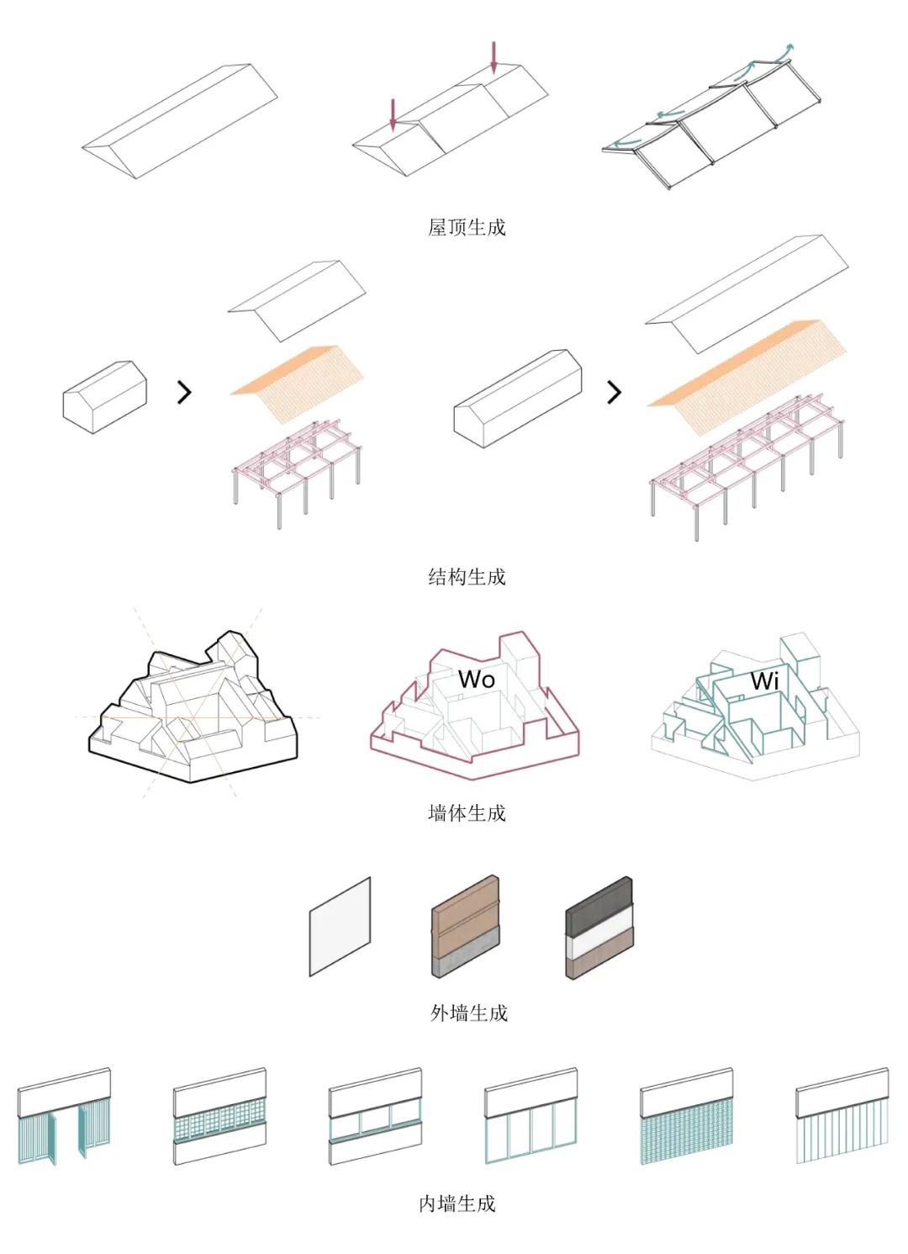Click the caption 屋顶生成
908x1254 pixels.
click(467, 227)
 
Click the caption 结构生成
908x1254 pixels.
click(467, 577)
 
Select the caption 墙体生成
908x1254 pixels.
click(467, 813)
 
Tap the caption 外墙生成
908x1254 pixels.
click(469, 1013)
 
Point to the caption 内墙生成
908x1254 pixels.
click(457, 1204)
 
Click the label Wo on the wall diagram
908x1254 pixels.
click(477, 679)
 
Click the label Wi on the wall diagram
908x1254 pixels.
click(765, 680)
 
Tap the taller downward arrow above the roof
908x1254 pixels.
click(494, 56)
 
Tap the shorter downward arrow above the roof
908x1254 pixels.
click(393, 114)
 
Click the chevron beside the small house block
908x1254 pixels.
click(184, 392)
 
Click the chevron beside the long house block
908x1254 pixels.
click(615, 391)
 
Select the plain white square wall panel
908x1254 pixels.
click(340, 927)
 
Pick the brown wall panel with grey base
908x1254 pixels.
click(466, 927)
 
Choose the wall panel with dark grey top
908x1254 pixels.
click(599, 927)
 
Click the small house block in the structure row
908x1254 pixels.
click(105, 397)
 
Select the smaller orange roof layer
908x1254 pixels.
click(299, 383)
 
